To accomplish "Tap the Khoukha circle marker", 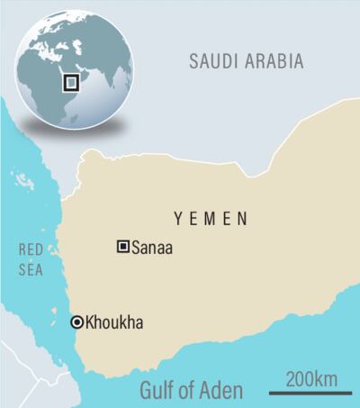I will tap(76, 322).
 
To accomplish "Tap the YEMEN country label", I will tap(212, 219).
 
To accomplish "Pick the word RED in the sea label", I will tap(30, 249).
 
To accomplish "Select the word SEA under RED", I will tap(30, 267).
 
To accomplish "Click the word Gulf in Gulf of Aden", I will tap(160, 390).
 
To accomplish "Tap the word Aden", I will tap(221, 390).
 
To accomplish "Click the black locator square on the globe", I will tap(71, 82).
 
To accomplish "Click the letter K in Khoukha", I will tap(90, 322).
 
